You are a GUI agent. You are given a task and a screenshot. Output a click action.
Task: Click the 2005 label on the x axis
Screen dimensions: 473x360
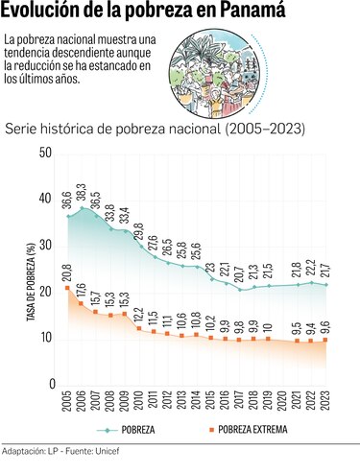pyautogui.click(x=66, y=405)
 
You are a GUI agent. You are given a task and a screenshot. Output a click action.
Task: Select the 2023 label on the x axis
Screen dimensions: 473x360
pyautogui.click(x=328, y=405)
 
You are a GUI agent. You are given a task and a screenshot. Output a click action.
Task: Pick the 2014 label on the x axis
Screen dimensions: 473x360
pyautogui.click(x=196, y=405)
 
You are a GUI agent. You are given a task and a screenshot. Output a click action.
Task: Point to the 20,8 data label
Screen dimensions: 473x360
pyautogui.click(x=66, y=272)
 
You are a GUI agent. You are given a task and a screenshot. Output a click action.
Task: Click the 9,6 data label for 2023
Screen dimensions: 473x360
pyautogui.click(x=327, y=324)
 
